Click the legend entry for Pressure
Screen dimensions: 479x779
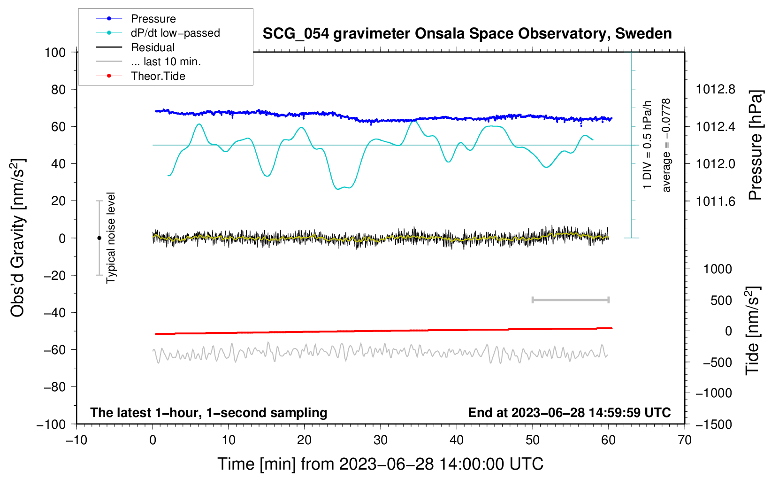tap(153, 19)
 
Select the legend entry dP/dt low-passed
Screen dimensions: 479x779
tap(175, 33)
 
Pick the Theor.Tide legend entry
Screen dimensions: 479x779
tap(158, 76)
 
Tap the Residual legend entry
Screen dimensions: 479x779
tap(153, 47)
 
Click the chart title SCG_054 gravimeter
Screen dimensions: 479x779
tap(467, 34)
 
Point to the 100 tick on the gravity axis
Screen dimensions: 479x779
tap(55, 52)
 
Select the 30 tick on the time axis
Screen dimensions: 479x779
tap(381, 440)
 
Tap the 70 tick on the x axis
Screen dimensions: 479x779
tap(685, 440)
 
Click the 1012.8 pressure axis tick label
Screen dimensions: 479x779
tap(715, 89)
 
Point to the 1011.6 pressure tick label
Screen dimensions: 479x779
tap(715, 201)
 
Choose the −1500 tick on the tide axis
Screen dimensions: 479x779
tap(713, 424)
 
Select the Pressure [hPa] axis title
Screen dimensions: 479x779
tap(755, 145)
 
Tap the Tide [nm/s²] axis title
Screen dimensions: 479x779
tap(752, 331)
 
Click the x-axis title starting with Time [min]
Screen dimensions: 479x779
tap(381, 464)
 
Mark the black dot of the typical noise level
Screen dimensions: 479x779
tap(99, 238)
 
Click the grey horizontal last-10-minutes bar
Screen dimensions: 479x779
tap(570, 300)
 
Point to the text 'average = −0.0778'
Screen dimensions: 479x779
tap(666, 145)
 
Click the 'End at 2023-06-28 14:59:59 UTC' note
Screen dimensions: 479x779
tap(569, 412)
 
